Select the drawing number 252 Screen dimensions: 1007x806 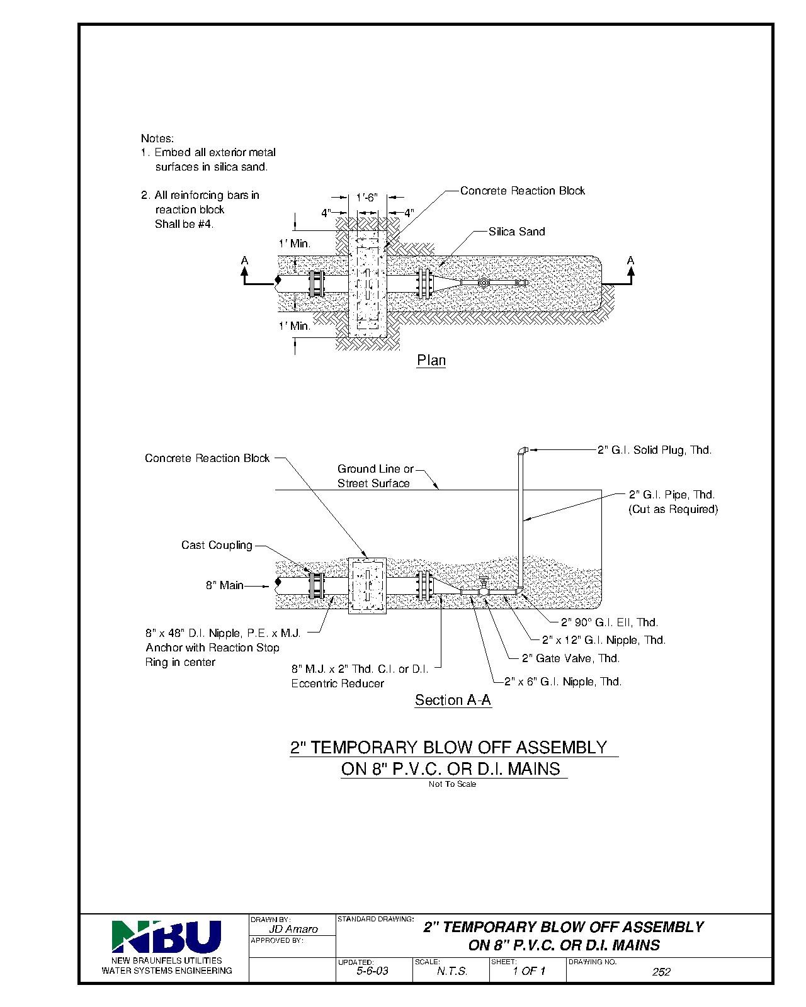(x=661, y=972)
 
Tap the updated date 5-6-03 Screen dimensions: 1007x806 (x=372, y=971)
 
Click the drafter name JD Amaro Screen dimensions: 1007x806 (x=293, y=929)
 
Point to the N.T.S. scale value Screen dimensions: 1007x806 (x=451, y=971)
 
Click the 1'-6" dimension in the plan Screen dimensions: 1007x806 (x=366, y=198)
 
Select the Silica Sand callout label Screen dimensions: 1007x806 (x=516, y=232)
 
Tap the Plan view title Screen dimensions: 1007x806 (x=431, y=361)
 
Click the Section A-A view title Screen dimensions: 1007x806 (x=453, y=700)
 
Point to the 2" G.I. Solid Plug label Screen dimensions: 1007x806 (x=654, y=450)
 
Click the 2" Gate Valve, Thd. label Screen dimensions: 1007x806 (x=570, y=658)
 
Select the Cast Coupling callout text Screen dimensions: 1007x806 (x=217, y=545)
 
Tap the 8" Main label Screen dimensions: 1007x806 (x=224, y=585)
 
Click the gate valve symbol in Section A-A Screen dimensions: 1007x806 (x=484, y=587)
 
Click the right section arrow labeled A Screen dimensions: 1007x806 (x=630, y=269)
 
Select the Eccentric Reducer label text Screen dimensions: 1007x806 (x=338, y=684)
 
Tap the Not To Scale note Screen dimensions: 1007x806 (x=452, y=784)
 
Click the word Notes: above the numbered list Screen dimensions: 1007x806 (x=157, y=138)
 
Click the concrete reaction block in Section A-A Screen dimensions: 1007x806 (x=367, y=585)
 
